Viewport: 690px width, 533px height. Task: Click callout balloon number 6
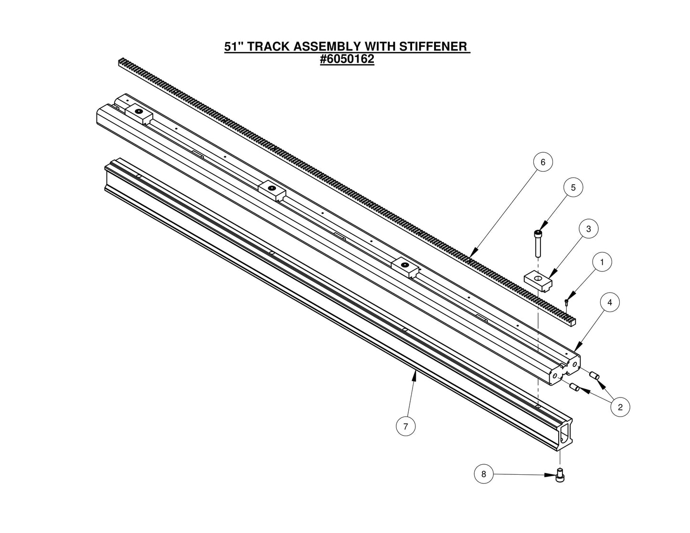point(542,162)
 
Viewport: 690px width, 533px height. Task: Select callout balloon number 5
point(573,188)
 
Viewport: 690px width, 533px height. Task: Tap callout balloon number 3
point(588,229)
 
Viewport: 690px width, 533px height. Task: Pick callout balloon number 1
point(602,262)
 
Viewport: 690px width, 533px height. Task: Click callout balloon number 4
point(610,302)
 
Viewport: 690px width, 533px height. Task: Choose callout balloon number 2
point(620,407)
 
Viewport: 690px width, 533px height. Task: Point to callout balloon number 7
point(405,426)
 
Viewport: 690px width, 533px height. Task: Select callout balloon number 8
point(484,474)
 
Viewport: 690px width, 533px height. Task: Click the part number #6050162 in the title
point(347,60)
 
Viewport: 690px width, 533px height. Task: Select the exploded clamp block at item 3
point(538,280)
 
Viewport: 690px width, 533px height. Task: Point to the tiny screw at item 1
point(566,302)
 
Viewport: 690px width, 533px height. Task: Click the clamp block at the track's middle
point(272,190)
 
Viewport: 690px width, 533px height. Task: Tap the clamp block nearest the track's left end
point(138,114)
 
